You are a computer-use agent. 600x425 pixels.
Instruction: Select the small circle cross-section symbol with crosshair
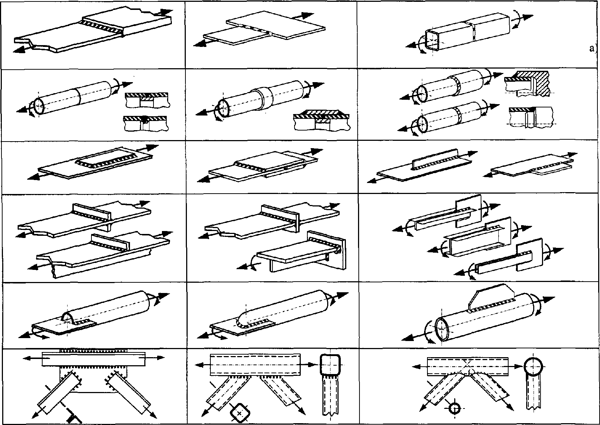pyautogui.click(x=454, y=408)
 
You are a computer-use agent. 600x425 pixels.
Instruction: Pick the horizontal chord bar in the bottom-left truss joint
pyautogui.click(x=94, y=359)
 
